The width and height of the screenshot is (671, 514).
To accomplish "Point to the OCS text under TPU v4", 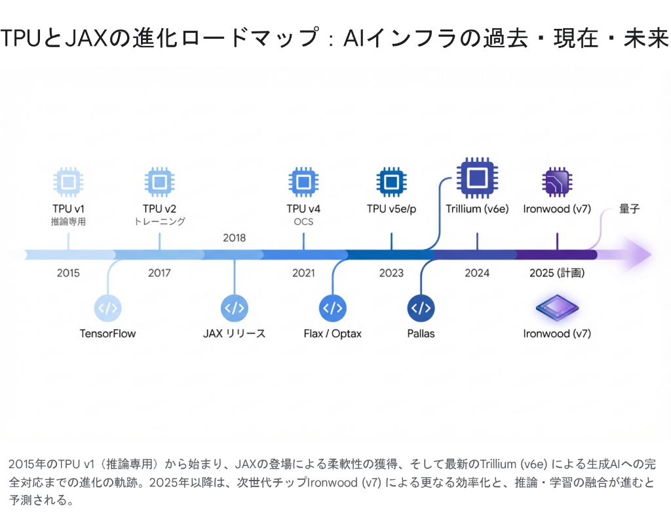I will (303, 222).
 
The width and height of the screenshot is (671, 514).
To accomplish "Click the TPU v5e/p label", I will (391, 209).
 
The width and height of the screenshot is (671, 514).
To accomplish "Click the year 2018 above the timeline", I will (235, 237).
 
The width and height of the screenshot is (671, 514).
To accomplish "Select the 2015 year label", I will (68, 273).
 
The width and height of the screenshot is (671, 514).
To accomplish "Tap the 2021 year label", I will (303, 273).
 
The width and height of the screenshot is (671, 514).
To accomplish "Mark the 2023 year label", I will (391, 273).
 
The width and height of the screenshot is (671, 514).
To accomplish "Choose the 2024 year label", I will (477, 273).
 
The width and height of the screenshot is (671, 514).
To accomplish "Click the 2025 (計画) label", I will (557, 273).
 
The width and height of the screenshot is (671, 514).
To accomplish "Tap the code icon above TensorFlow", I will (108, 307).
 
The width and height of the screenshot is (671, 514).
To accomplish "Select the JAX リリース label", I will (235, 334).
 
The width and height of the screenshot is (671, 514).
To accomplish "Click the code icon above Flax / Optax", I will (333, 307).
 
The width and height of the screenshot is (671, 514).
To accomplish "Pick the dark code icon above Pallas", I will (421, 307).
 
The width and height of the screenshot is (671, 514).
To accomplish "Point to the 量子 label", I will (629, 210).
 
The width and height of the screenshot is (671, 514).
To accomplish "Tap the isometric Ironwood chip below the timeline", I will (557, 307).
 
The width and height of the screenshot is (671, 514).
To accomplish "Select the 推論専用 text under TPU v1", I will (68, 222).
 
